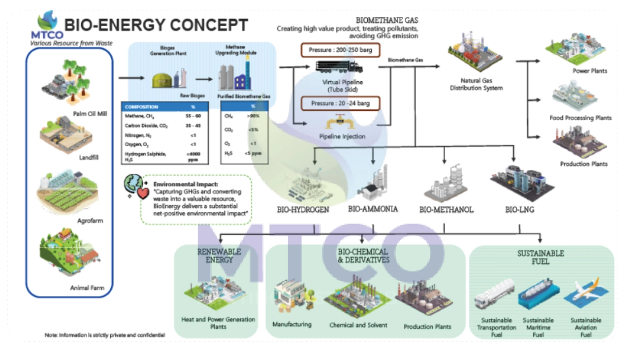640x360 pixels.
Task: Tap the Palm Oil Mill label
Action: (x=90, y=114)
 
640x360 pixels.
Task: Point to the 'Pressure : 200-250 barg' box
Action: (x=337, y=50)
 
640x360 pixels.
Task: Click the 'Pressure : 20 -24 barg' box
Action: (x=337, y=103)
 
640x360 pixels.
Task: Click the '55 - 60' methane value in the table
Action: (x=192, y=116)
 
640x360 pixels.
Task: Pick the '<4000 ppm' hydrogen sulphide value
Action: (x=192, y=157)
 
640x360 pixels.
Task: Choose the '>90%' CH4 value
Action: (x=253, y=116)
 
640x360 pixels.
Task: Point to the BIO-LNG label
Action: (x=519, y=210)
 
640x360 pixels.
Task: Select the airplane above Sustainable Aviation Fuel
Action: (x=581, y=293)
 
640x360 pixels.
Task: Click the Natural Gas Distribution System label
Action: (x=481, y=84)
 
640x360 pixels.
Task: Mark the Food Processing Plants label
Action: (x=580, y=118)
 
